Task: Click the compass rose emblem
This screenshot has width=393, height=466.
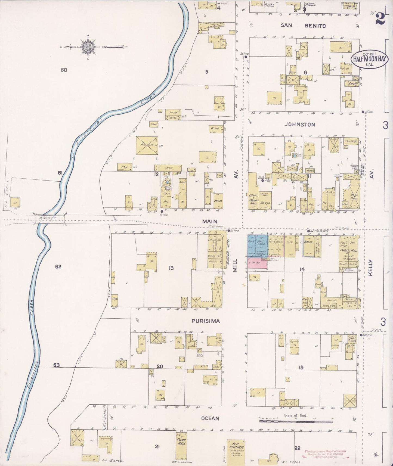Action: coord(88,47)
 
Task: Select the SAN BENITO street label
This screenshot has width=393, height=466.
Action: coord(303,26)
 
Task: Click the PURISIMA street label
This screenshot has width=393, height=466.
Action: coord(206,321)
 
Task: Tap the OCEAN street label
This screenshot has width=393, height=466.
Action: coord(210,418)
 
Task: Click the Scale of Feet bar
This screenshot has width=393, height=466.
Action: coord(296,421)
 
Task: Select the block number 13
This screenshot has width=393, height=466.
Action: coord(171,268)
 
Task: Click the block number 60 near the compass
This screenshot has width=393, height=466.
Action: coord(64,70)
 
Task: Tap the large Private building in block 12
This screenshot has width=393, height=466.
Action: coord(147,145)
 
